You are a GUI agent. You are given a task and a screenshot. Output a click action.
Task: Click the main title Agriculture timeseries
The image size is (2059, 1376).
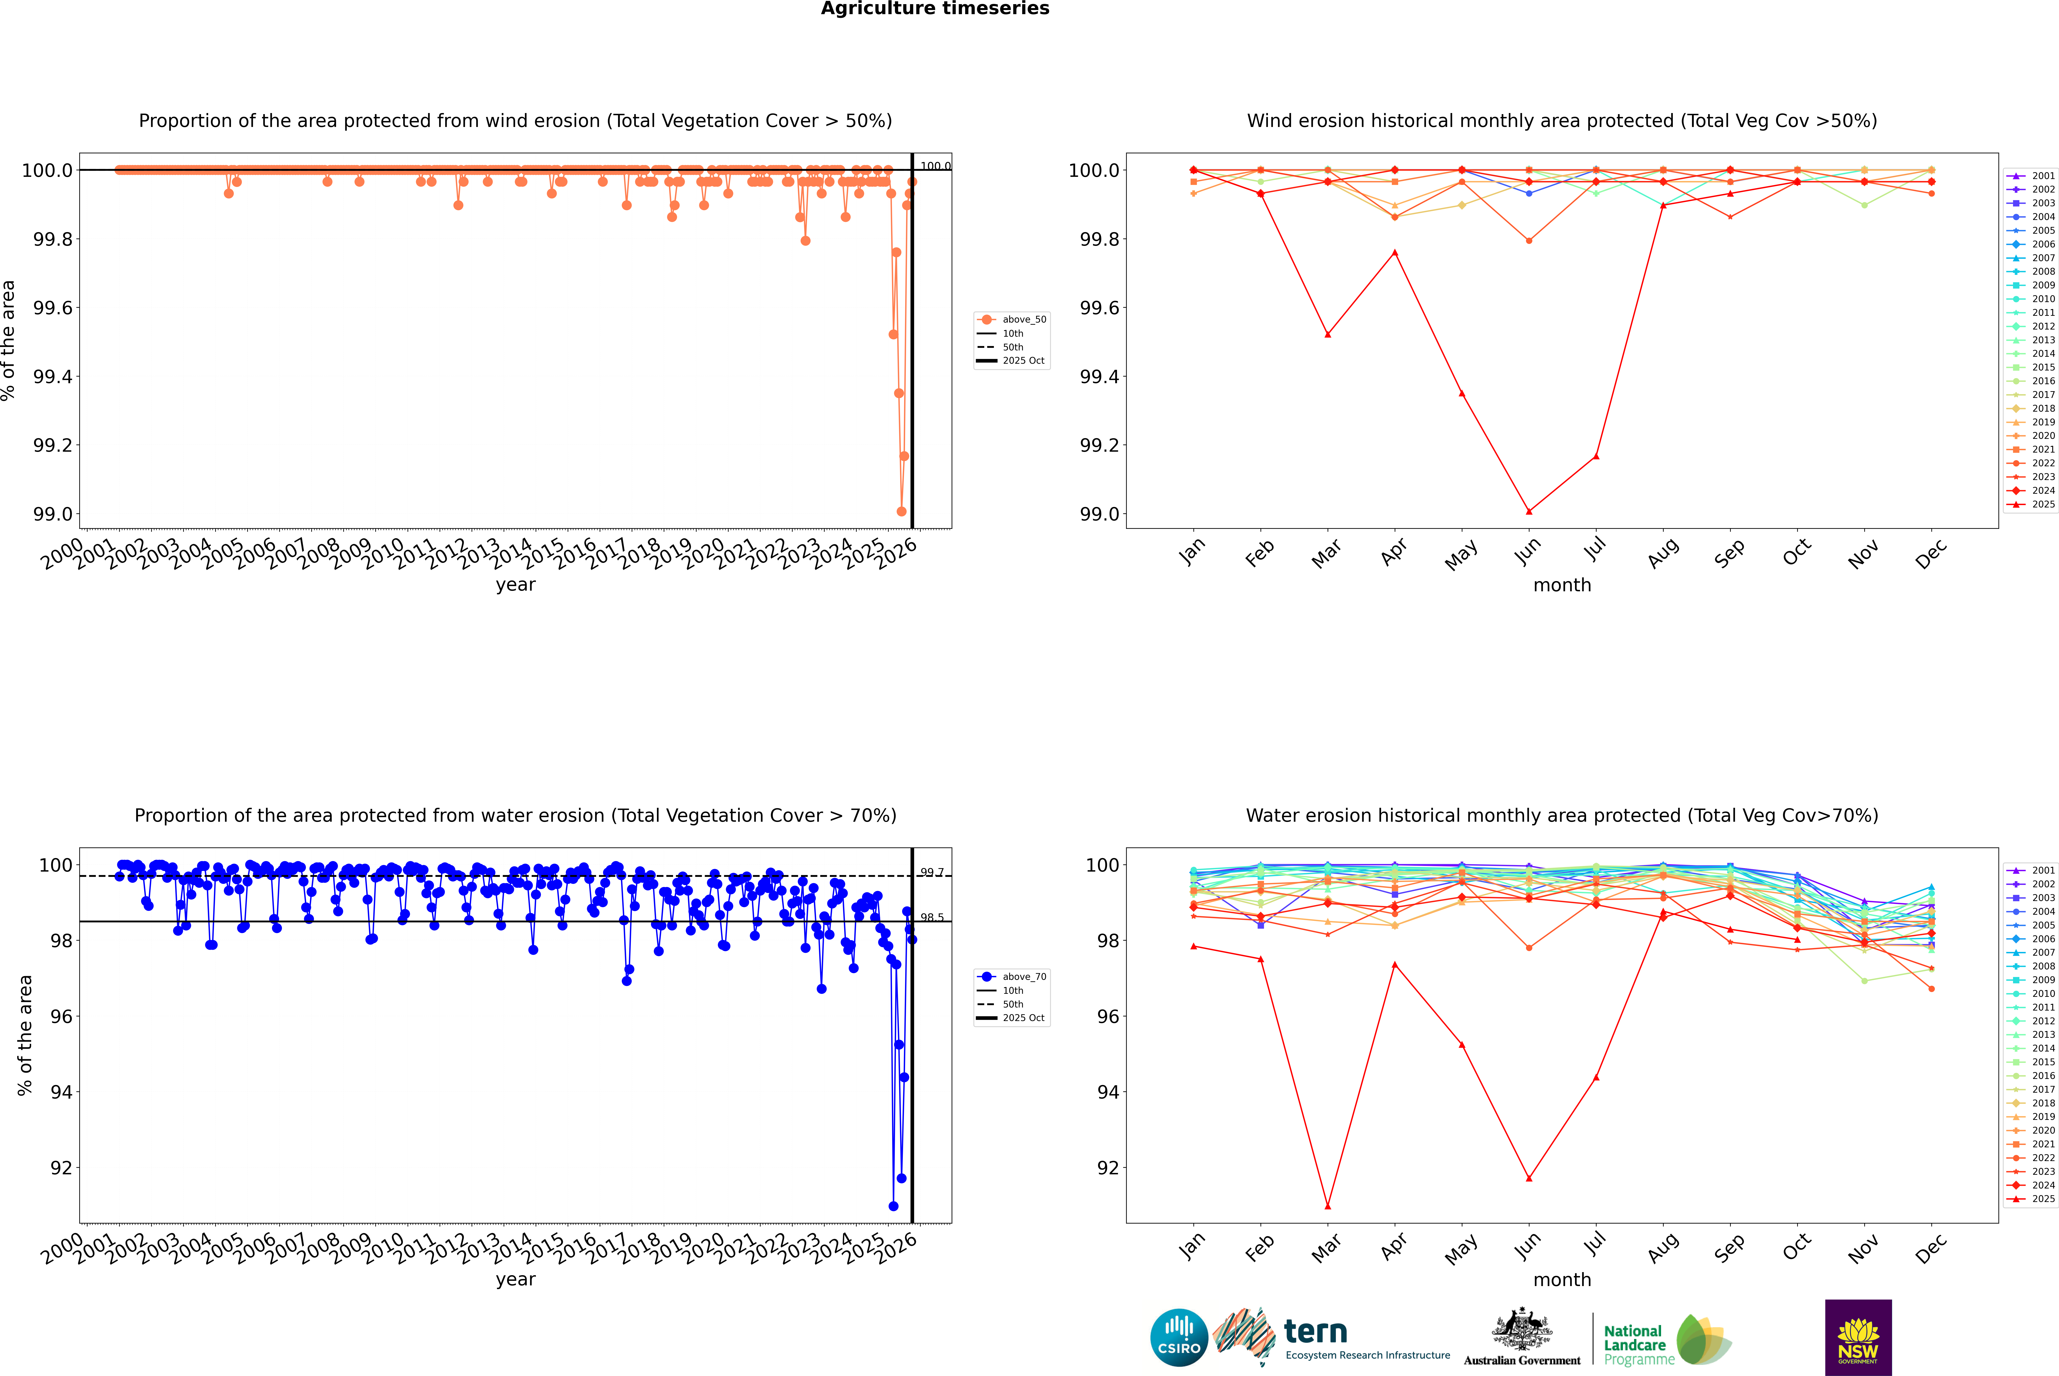935,9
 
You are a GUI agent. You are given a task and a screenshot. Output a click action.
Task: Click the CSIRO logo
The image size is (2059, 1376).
1179,1337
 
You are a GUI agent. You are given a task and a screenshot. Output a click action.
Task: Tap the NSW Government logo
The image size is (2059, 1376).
1858,1337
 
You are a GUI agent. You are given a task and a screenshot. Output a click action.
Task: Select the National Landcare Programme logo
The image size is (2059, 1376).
1666,1340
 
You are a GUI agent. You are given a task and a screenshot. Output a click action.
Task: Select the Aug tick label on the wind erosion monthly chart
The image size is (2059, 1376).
1663,553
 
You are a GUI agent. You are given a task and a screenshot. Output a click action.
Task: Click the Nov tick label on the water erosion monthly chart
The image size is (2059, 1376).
1863,1248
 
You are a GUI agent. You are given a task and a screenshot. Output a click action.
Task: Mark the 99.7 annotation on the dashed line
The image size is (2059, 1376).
932,872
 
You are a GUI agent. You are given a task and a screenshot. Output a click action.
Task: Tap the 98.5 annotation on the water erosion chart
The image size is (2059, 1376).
932,918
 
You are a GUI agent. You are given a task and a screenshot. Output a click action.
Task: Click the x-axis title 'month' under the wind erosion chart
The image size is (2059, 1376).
1561,585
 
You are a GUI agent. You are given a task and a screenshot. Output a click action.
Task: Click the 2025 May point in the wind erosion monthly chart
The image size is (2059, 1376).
1461,393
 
